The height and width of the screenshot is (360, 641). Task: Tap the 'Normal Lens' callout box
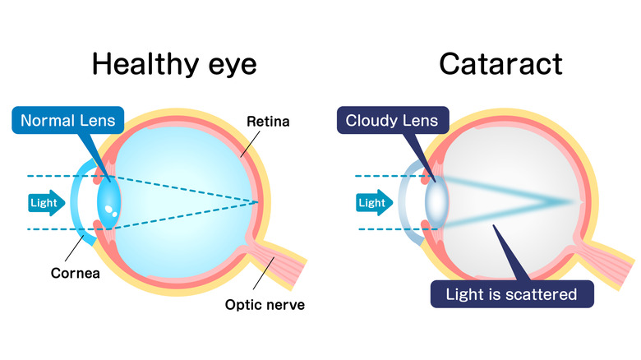[67, 121]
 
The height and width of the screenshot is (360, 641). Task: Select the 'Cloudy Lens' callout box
[391, 121]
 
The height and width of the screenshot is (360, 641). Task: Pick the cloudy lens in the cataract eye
[436, 202]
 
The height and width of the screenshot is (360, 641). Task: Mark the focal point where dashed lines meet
[260, 202]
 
